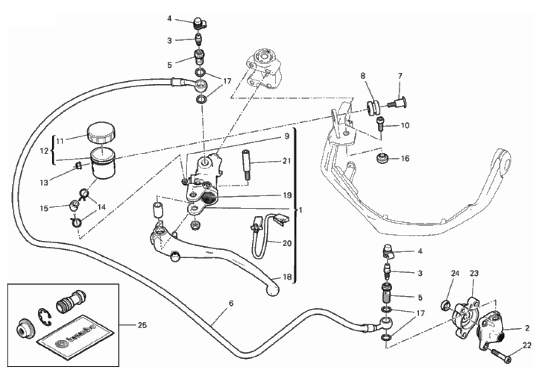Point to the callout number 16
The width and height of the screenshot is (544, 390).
point(404,159)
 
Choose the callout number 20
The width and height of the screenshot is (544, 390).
point(286,243)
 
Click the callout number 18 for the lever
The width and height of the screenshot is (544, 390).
point(286,277)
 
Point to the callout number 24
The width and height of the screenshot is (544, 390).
point(455,273)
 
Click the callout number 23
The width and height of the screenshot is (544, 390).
point(474,273)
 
